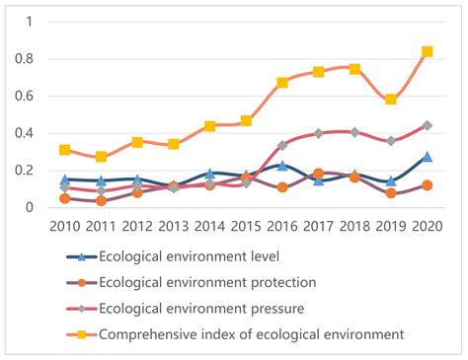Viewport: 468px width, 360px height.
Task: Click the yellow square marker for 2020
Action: tap(428, 51)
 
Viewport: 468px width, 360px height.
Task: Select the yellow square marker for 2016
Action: tap(282, 83)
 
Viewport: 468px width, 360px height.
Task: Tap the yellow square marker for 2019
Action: tap(391, 100)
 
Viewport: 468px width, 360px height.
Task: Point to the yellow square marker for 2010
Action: tap(65, 150)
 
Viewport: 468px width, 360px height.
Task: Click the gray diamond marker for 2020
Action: tap(428, 125)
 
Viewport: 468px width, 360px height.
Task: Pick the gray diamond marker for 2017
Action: tap(319, 133)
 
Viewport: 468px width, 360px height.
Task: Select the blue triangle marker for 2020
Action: tap(428, 156)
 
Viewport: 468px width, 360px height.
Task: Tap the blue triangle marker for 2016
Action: tap(282, 166)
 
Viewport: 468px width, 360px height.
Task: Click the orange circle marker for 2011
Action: tap(102, 200)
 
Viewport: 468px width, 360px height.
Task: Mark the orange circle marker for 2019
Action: tap(391, 193)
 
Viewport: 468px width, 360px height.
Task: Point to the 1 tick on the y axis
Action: tap(36, 22)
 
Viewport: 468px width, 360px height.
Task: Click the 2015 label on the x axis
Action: tap(246, 226)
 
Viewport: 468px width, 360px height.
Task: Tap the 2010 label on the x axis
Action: tap(65, 226)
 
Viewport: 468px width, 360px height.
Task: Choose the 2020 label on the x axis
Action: tap(428, 226)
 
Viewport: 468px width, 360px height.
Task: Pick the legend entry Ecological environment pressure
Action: tap(203, 309)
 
